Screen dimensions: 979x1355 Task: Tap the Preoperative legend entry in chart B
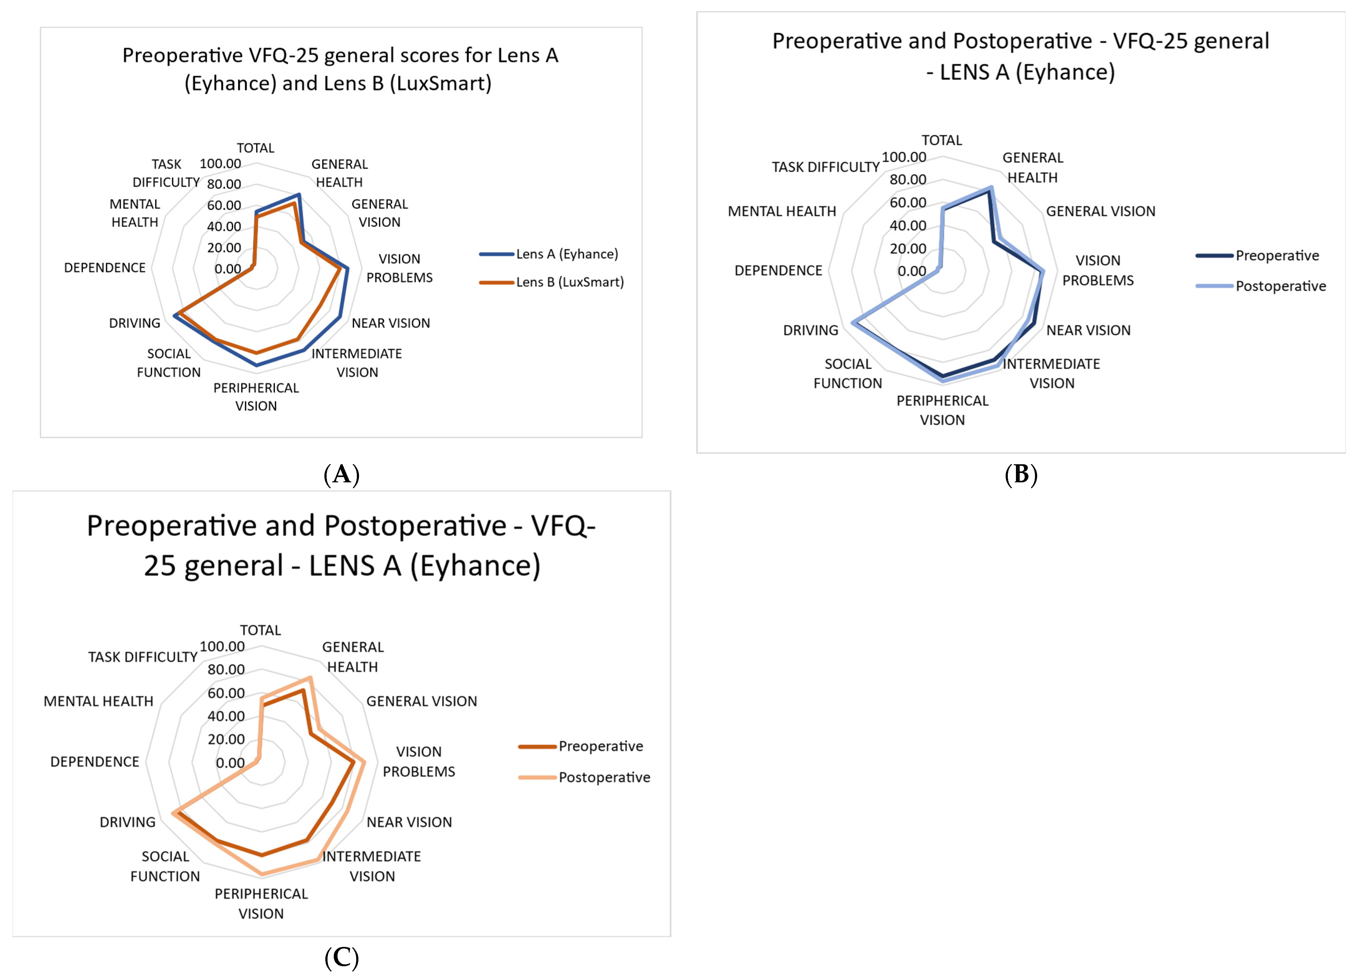[x=1277, y=255]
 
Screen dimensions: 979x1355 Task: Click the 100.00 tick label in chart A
[x=220, y=164]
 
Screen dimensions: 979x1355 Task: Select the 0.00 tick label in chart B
[x=912, y=271]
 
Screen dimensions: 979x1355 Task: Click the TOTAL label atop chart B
[x=941, y=141]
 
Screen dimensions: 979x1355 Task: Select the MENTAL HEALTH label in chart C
[x=98, y=701]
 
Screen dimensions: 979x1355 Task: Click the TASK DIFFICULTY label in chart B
[x=825, y=167]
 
